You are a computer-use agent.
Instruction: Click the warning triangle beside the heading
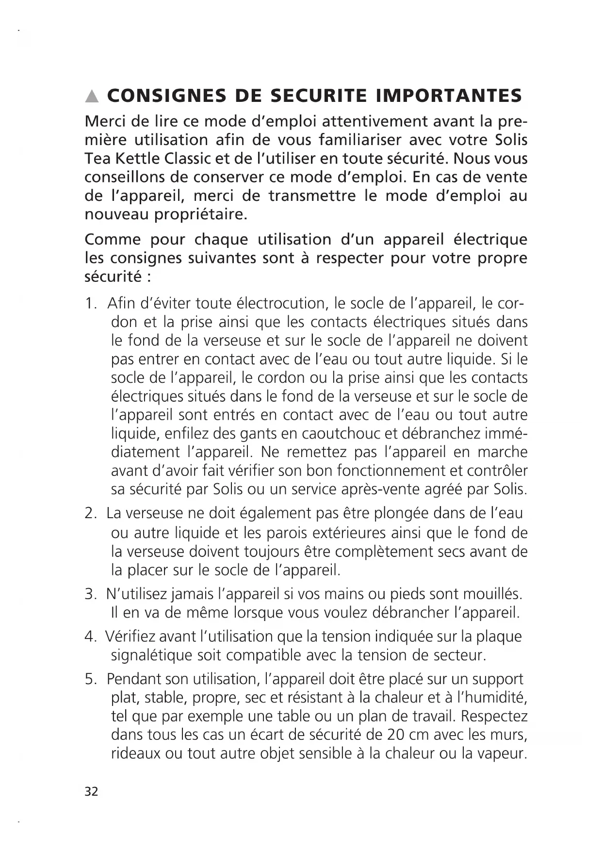91,97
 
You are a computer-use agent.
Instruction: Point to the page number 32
91,791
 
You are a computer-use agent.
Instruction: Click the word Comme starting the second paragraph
112,239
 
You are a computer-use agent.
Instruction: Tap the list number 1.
90,304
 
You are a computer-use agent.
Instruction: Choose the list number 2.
90,513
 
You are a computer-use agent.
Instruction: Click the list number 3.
90,594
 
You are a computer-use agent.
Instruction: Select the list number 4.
90,637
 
